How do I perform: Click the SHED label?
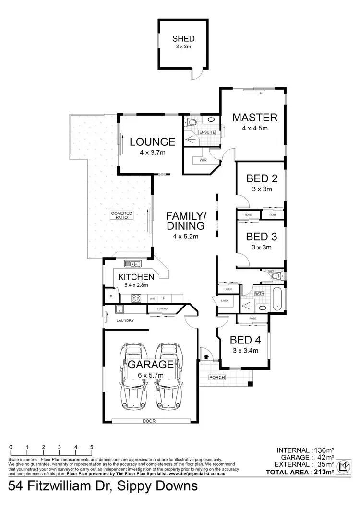coord(182,40)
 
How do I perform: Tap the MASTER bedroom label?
coord(254,118)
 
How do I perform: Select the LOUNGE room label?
coord(152,142)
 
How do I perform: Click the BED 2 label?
coord(262,179)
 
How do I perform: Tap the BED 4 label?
coord(245,340)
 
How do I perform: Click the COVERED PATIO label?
coord(121,215)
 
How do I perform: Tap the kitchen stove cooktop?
coord(136,297)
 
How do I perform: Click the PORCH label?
coord(216,377)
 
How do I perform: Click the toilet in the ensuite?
coord(192,123)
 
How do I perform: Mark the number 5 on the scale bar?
coord(92,447)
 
